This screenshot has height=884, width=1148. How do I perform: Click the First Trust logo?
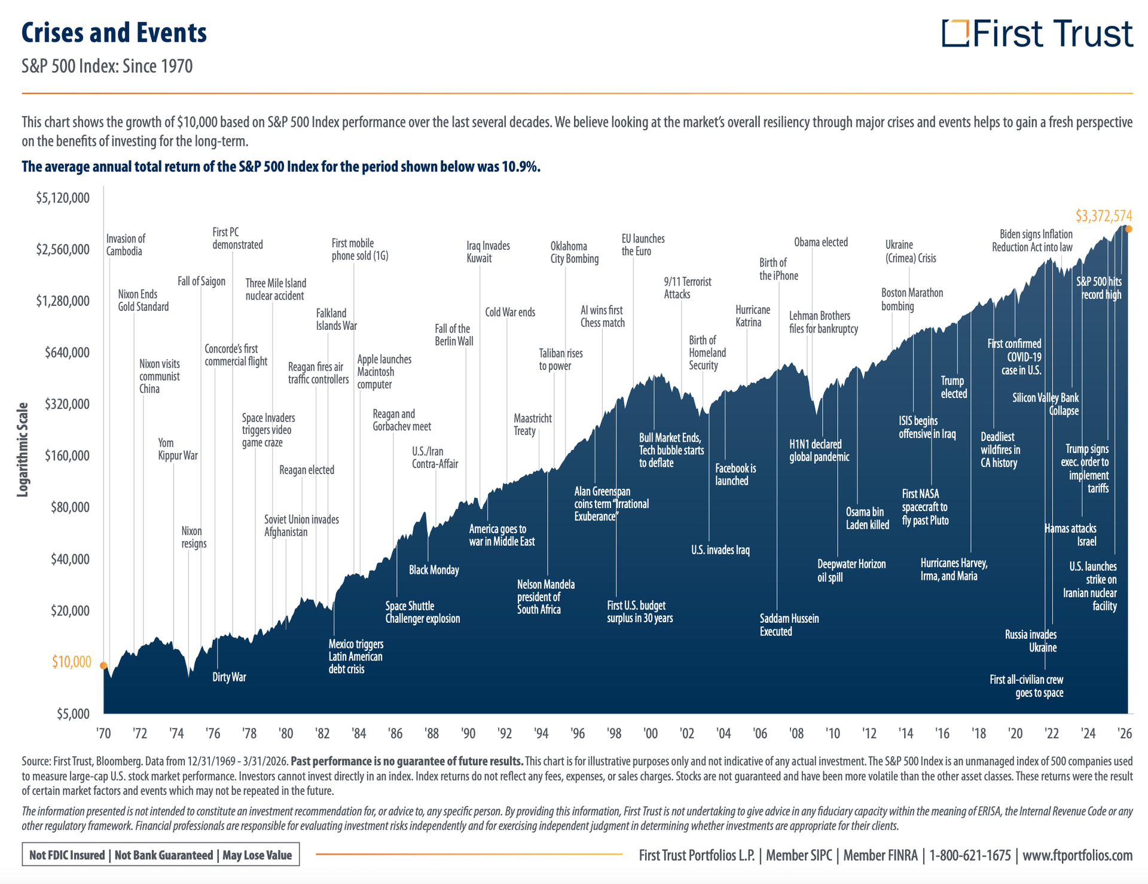click(x=1037, y=33)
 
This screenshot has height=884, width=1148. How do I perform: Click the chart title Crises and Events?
click(x=114, y=33)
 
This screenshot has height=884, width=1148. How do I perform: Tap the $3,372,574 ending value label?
click(x=1103, y=216)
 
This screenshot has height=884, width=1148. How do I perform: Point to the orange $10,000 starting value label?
click(x=71, y=662)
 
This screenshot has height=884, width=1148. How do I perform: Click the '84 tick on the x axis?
click(x=359, y=733)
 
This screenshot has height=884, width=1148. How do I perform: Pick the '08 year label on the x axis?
click(x=796, y=733)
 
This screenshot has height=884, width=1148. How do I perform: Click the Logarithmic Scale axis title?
click(x=23, y=449)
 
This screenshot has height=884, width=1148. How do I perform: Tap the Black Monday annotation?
click(x=433, y=570)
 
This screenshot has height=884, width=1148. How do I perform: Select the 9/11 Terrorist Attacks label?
click(x=687, y=288)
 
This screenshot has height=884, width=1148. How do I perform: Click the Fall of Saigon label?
click(x=201, y=282)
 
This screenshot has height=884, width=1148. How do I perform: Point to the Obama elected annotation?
click(x=820, y=243)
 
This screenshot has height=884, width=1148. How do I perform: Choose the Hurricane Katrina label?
click(x=752, y=316)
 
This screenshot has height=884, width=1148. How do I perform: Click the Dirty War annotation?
click(x=229, y=677)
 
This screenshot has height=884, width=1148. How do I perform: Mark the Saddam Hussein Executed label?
click(x=789, y=625)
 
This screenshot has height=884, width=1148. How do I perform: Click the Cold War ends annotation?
click(x=509, y=313)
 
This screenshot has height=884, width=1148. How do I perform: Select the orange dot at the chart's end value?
click(x=1128, y=229)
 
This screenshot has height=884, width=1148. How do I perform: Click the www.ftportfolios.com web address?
click(x=1077, y=855)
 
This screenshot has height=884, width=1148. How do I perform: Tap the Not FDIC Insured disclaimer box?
click(x=160, y=855)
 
